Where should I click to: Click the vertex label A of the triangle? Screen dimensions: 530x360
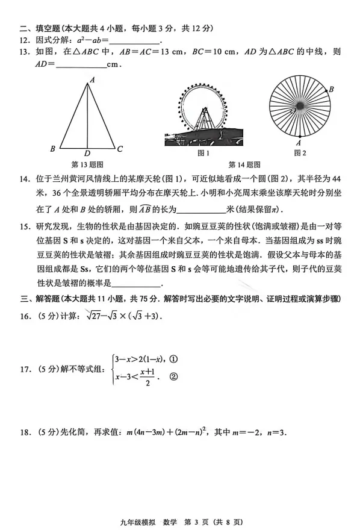[x=92, y=79]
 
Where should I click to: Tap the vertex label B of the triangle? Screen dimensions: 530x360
[x=53, y=149]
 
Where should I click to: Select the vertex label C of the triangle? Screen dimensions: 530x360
[x=120, y=149]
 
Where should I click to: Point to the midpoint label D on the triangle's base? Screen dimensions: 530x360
[x=88, y=153]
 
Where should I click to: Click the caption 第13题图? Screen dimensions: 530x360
[x=88, y=164]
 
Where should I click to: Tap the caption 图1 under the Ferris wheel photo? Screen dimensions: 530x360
[x=203, y=153]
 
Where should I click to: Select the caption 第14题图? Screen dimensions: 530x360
[x=244, y=164]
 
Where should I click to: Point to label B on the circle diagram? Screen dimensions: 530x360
[x=332, y=90]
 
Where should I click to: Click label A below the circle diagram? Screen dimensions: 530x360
[x=299, y=143]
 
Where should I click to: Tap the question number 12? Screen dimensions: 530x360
[x=25, y=40]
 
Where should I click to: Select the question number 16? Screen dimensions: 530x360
[x=25, y=316]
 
